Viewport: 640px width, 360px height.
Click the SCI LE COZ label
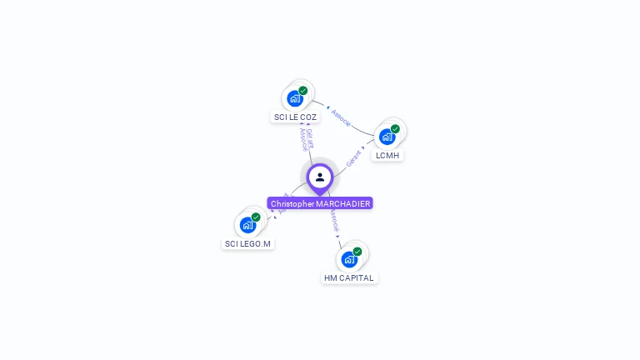click(x=295, y=117)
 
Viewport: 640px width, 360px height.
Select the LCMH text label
click(x=387, y=156)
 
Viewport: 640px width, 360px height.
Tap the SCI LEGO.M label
click(x=247, y=243)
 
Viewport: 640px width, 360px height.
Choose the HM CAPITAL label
click(x=349, y=277)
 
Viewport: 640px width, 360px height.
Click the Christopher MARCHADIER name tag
click(x=320, y=203)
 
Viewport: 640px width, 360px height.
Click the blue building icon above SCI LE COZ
click(x=294, y=98)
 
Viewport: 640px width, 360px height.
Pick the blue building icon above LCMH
click(x=387, y=137)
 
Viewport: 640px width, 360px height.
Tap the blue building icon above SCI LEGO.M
click(x=247, y=225)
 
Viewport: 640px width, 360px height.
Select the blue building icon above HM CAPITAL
click(x=348, y=259)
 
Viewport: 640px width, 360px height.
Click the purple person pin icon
click(x=320, y=177)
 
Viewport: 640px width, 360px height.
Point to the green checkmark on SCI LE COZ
click(x=303, y=90)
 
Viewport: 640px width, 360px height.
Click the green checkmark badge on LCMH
click(x=395, y=128)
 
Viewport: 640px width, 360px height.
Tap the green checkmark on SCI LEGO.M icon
click(x=256, y=217)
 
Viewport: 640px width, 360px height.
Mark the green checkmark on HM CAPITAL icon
click(x=357, y=251)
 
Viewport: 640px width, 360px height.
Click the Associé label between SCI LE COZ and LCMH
click(x=341, y=117)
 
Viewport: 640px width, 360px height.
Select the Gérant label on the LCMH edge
click(x=353, y=158)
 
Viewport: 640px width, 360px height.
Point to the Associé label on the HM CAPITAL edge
click(x=334, y=220)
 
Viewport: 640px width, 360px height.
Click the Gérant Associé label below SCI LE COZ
click(x=307, y=139)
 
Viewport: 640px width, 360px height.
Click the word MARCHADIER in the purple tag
click(x=342, y=203)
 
